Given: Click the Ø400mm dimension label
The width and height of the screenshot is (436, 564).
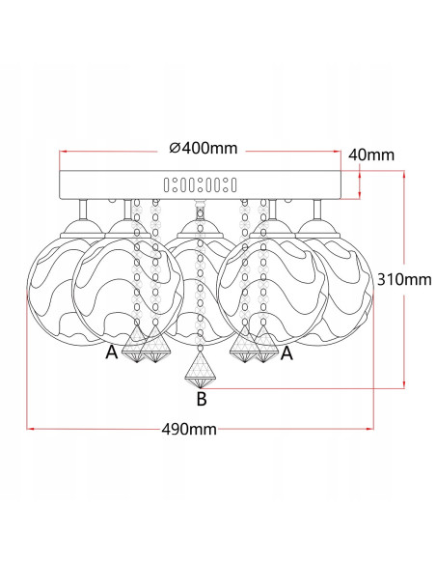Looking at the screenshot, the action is tap(204, 148).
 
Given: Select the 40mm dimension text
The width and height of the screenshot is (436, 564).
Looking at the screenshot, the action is tap(371, 155).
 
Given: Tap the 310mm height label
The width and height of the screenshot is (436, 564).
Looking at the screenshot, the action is tap(404, 279).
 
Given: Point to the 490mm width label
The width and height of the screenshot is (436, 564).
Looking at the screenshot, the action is tap(189, 429).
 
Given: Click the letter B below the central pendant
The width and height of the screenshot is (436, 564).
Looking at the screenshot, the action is tap(202, 399).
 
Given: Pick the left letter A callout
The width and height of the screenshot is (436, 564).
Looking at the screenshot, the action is tap(112, 352).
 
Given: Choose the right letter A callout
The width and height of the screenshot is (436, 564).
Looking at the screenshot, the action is tap(286, 353).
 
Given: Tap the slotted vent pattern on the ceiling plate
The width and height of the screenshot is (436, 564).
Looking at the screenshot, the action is tap(200, 184).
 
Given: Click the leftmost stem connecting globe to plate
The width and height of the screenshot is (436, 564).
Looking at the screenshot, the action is tap(83, 210).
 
